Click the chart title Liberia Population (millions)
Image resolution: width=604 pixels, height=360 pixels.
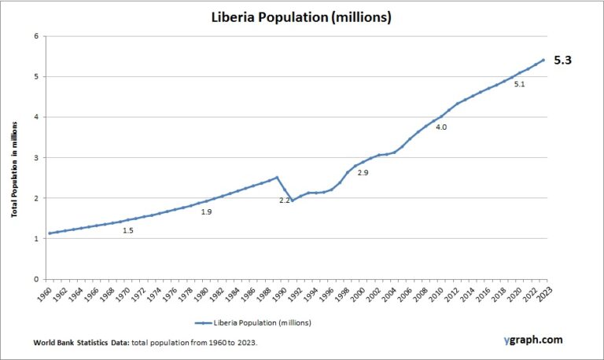pyautogui.click(x=302, y=17)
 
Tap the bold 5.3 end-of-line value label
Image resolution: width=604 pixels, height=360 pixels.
pyautogui.click(x=564, y=60)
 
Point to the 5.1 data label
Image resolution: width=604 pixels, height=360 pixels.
pyautogui.click(x=519, y=83)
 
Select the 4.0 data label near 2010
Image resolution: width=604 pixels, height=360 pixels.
pyautogui.click(x=441, y=127)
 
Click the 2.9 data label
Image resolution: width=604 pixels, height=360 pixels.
pyautogui.click(x=363, y=171)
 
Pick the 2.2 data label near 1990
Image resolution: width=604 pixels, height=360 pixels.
pyautogui.click(x=285, y=200)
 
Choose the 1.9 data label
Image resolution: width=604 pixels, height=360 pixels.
pyautogui.click(x=207, y=212)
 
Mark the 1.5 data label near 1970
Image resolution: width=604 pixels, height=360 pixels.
pyautogui.click(x=128, y=230)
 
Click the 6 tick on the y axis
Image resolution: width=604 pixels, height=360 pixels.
pyautogui.click(x=36, y=36)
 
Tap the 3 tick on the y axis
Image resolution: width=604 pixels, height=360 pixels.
pyautogui.click(x=36, y=158)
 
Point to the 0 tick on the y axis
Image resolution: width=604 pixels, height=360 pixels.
pyautogui.click(x=36, y=279)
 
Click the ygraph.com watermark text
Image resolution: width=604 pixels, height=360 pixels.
pyautogui.click(x=533, y=340)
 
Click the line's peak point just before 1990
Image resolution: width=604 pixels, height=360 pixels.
pyautogui.click(x=277, y=178)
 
